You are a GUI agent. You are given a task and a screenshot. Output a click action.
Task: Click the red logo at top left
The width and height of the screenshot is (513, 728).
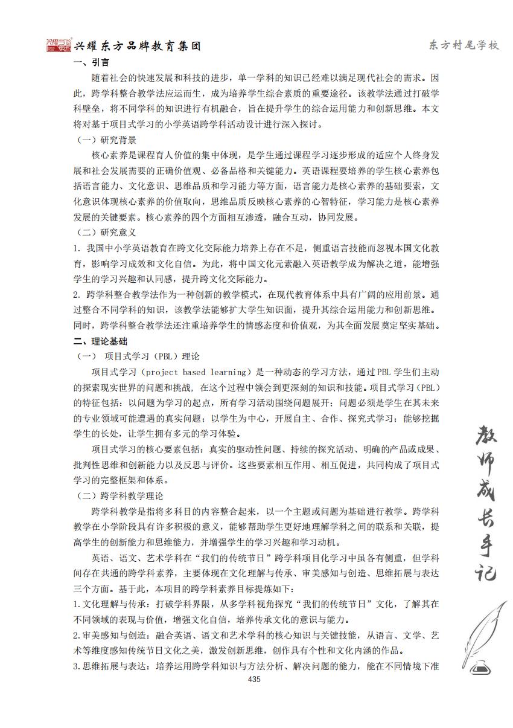point(59,45)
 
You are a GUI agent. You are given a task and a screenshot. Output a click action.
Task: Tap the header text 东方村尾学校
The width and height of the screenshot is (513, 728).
point(463,46)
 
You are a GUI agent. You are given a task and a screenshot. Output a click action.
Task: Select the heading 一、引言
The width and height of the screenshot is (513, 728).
point(91,62)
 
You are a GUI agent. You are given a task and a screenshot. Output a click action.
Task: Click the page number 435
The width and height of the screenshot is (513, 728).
point(254,680)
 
